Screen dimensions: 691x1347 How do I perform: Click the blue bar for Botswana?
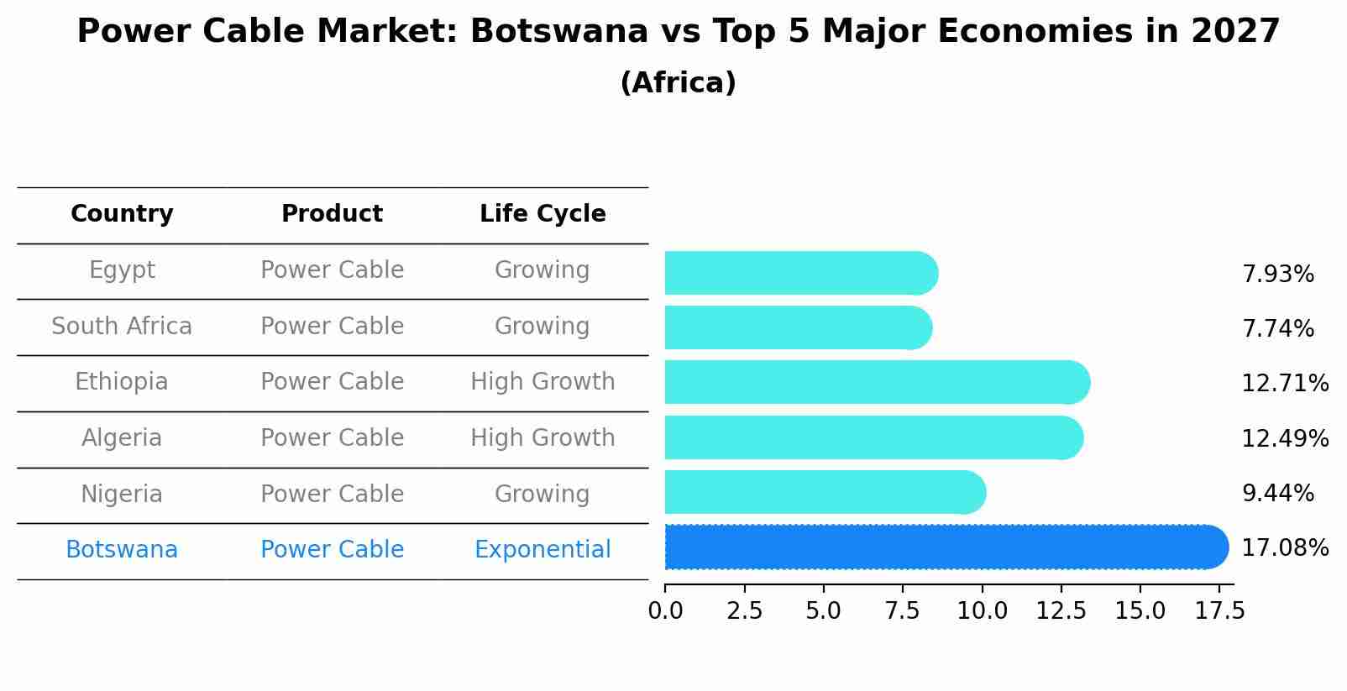(x=941, y=547)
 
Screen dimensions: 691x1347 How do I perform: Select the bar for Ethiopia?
(x=873, y=383)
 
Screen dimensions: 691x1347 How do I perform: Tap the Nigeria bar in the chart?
(x=823, y=492)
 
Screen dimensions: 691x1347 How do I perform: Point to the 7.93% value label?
(x=1277, y=275)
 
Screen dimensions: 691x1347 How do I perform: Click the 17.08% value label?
(x=1284, y=548)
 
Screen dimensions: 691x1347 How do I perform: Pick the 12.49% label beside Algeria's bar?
(x=1284, y=438)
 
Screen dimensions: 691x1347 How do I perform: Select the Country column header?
(x=122, y=214)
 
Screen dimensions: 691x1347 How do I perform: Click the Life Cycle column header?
(x=542, y=214)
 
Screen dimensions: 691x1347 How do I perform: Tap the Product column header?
(x=332, y=214)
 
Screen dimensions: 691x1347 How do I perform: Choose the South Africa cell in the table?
(x=122, y=327)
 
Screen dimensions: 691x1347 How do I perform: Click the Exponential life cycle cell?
(x=542, y=550)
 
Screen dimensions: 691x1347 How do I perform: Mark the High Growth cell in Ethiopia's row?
(x=542, y=382)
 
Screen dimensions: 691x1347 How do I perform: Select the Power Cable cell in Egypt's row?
(x=332, y=270)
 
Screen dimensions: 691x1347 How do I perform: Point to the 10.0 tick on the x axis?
(x=982, y=611)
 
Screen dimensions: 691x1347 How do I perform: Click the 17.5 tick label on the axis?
(x=1219, y=611)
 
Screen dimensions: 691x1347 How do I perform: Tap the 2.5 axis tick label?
(x=744, y=611)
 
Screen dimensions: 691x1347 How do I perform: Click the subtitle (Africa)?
(x=678, y=83)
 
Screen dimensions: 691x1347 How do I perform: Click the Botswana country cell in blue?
(x=122, y=550)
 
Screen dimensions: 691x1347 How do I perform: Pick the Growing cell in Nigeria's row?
(x=542, y=494)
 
